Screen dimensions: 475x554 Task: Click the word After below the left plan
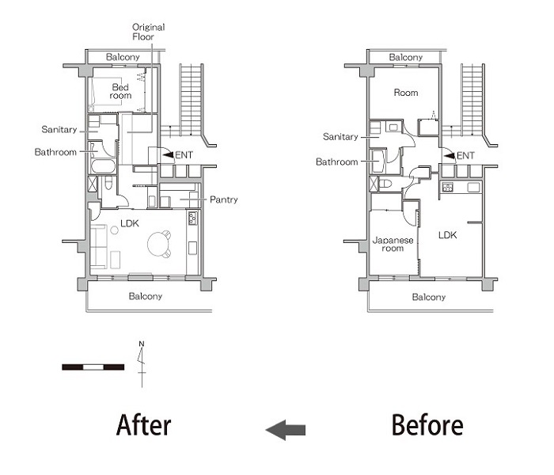pos(143,425)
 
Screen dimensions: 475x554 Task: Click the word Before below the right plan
pos(427,425)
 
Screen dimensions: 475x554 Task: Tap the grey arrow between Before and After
pos(285,430)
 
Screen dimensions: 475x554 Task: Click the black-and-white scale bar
pos(93,367)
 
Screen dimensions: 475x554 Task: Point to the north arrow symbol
pos(142,363)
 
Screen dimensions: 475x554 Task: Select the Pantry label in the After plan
pos(224,200)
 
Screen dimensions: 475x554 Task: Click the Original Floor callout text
pos(148,32)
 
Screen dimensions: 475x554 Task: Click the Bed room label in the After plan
pos(120,91)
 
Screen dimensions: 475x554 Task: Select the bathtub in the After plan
pos(103,165)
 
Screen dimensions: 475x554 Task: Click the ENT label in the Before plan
pos(465,155)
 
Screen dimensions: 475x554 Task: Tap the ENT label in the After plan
pos(183,155)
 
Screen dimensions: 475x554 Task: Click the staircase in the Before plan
pos(472,94)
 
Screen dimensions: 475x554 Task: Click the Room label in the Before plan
pos(406,93)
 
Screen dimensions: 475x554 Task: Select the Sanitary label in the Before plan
pos(340,136)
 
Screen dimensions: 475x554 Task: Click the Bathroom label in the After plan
pos(55,152)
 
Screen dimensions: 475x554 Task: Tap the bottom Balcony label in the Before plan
pos(429,297)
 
